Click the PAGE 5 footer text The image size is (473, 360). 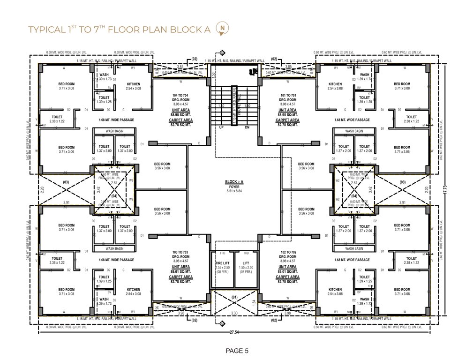tap(236, 350)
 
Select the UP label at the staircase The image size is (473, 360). tap(221, 127)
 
